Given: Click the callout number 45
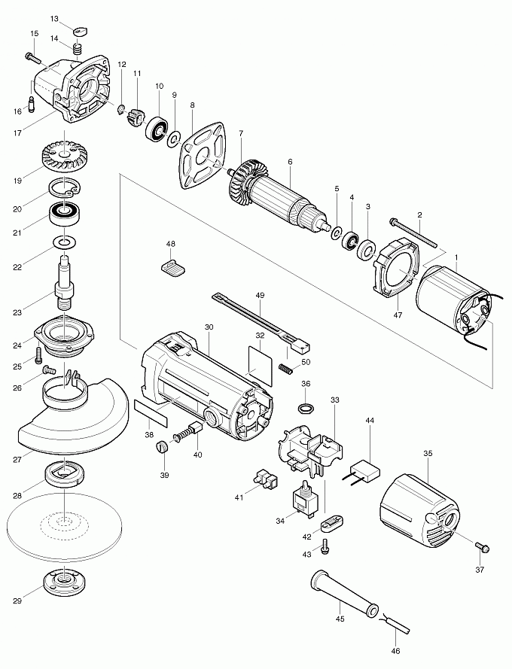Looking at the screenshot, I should pos(339,619).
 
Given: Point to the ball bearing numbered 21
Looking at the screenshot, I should pos(66,215).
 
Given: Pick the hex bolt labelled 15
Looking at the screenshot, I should pos(33,56).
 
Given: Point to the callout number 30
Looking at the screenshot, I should pos(209,327).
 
